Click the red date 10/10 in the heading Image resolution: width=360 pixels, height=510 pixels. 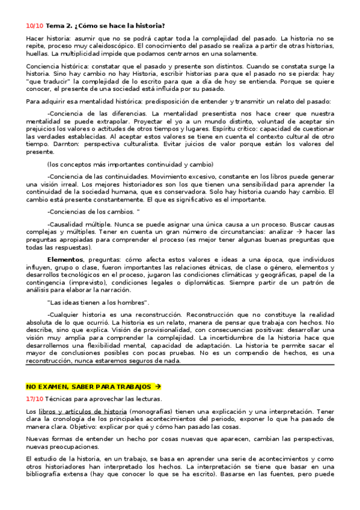pos(35,25)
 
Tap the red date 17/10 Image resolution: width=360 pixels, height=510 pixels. pos(35,398)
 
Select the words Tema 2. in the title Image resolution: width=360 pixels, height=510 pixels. pos(59,25)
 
